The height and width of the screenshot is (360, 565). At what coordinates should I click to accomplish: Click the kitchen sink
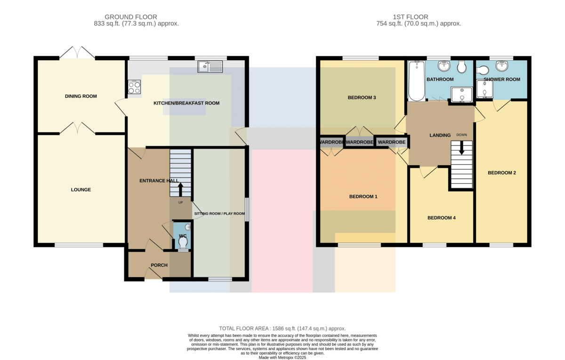coord(210,66)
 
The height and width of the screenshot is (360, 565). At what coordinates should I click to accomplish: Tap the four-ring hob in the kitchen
coord(134,87)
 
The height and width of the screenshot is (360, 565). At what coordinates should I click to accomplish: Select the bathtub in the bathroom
coord(416,81)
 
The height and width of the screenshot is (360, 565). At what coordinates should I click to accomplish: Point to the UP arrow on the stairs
coord(181,189)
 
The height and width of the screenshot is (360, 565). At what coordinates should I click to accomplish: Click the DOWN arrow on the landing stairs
coord(461,148)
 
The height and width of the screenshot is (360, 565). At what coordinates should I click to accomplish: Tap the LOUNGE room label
coord(81,190)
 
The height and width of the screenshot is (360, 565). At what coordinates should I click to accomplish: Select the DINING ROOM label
coord(81,96)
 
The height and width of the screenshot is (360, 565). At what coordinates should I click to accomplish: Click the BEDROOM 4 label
coord(442,218)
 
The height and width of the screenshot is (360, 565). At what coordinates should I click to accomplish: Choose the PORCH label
coord(159,265)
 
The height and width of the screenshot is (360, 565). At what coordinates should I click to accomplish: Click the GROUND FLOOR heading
coord(131,17)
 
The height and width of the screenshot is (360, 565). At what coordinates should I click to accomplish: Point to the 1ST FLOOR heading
coord(411,17)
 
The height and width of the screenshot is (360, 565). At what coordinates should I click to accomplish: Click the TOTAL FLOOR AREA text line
coord(282,328)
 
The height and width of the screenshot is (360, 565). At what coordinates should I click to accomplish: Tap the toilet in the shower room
coord(483,70)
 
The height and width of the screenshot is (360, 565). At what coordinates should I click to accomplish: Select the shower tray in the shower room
coord(484,89)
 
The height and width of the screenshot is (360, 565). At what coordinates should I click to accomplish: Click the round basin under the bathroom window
coord(444,66)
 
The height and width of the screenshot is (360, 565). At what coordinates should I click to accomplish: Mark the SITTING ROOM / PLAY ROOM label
coord(219,214)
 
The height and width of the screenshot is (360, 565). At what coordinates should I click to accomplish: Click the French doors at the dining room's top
coord(77,52)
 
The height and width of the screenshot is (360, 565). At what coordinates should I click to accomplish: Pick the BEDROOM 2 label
coord(502,173)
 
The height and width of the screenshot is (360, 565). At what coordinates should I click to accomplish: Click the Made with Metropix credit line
coord(282,358)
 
